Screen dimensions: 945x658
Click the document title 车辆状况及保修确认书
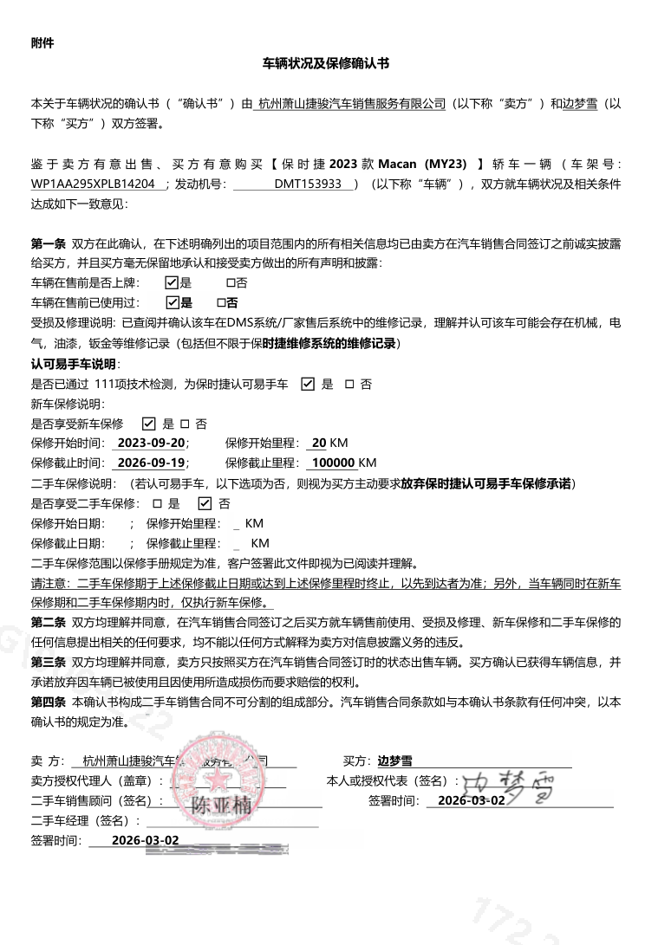(326, 63)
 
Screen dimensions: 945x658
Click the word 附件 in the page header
(42, 42)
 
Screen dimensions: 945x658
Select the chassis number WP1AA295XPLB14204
(94, 184)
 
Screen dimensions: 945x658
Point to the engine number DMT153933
(308, 184)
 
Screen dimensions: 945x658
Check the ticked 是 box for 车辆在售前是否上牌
(172, 282)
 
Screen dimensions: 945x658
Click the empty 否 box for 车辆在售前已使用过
(221, 302)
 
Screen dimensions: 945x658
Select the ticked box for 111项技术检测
(308, 384)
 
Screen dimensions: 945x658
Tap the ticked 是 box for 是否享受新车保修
(148, 424)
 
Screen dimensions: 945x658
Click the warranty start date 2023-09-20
(151, 443)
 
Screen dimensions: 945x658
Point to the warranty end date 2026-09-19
(151, 463)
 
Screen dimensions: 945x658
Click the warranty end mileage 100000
(334, 463)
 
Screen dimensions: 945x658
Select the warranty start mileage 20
(319, 443)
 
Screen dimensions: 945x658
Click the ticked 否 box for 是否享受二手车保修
(205, 503)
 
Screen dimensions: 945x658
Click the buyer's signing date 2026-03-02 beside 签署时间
(472, 800)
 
